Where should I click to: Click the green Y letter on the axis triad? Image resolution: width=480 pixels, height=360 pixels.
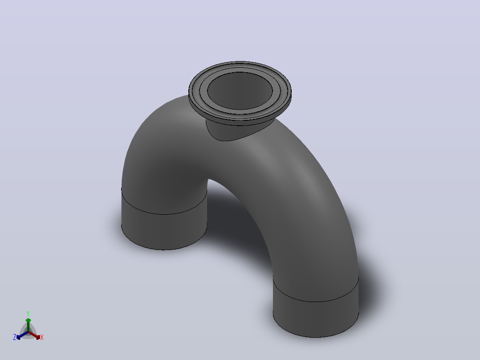pos(28,313)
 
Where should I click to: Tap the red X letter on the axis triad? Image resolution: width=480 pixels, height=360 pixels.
pos(42,337)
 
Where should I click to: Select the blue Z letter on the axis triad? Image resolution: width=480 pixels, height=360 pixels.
pos(15,337)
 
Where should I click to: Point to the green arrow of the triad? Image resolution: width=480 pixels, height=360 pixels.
pos(28,324)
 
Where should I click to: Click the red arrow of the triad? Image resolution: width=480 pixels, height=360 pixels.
pos(34,335)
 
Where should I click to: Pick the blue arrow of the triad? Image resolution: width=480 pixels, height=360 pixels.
pos(22,335)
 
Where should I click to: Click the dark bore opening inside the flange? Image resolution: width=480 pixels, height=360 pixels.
pos(240,91)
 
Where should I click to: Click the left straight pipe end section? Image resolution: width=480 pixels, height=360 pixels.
pos(164,227)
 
